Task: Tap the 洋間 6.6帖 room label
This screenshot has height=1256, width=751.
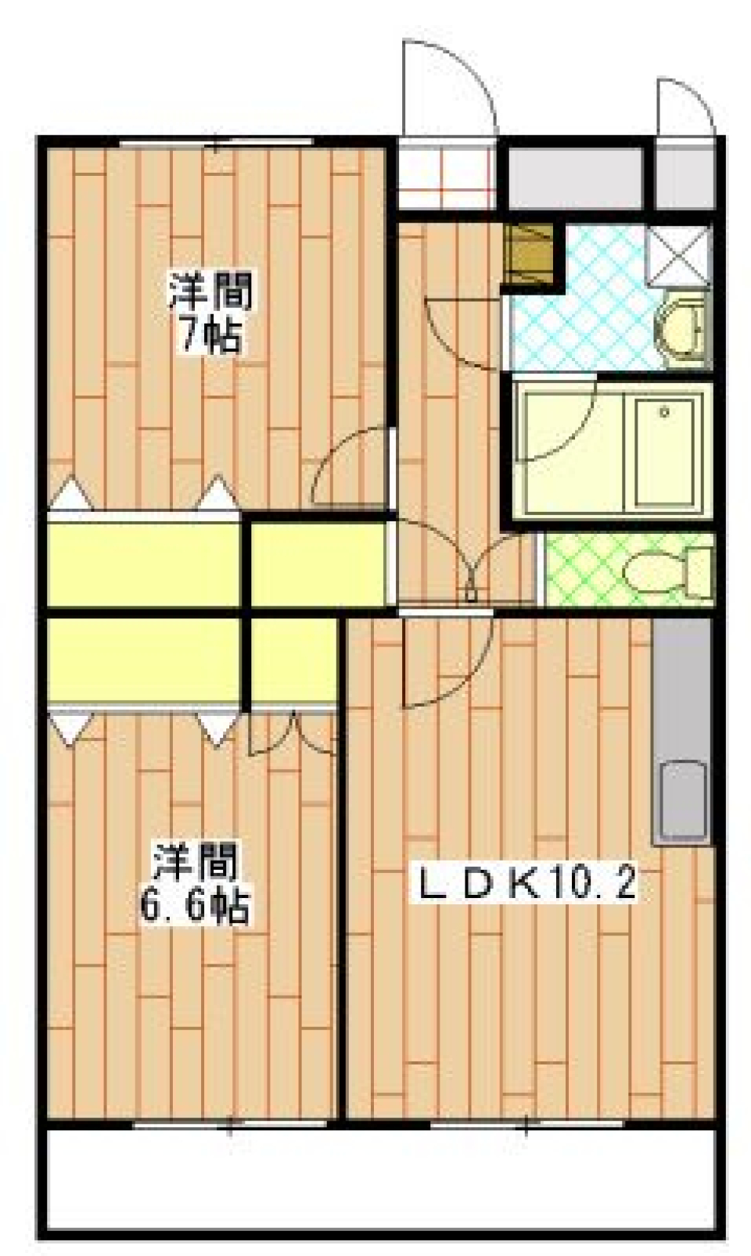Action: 196,884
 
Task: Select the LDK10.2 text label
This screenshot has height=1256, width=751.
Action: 528,886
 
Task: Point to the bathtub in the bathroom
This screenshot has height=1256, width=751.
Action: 666,451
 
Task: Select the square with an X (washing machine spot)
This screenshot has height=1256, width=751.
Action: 677,253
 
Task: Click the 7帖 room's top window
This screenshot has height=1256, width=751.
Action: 216,143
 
